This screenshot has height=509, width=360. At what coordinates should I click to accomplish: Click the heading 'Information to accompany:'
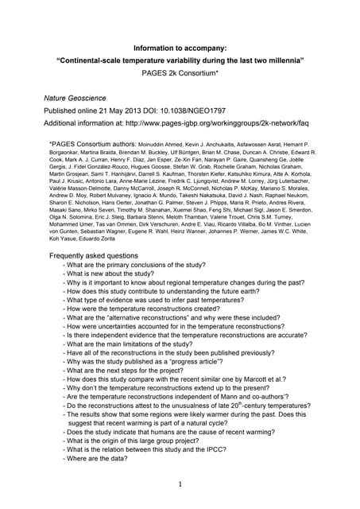click(x=179, y=47)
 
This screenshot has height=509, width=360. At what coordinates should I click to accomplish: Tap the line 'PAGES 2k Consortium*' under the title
click(x=180, y=72)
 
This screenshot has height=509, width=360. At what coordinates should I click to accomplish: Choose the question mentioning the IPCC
click(x=164, y=449)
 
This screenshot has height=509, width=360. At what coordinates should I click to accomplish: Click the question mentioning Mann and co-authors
click(x=176, y=396)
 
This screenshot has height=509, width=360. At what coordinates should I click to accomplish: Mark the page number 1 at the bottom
click(x=180, y=484)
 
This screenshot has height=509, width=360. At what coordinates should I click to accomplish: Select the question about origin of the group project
click(x=144, y=440)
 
